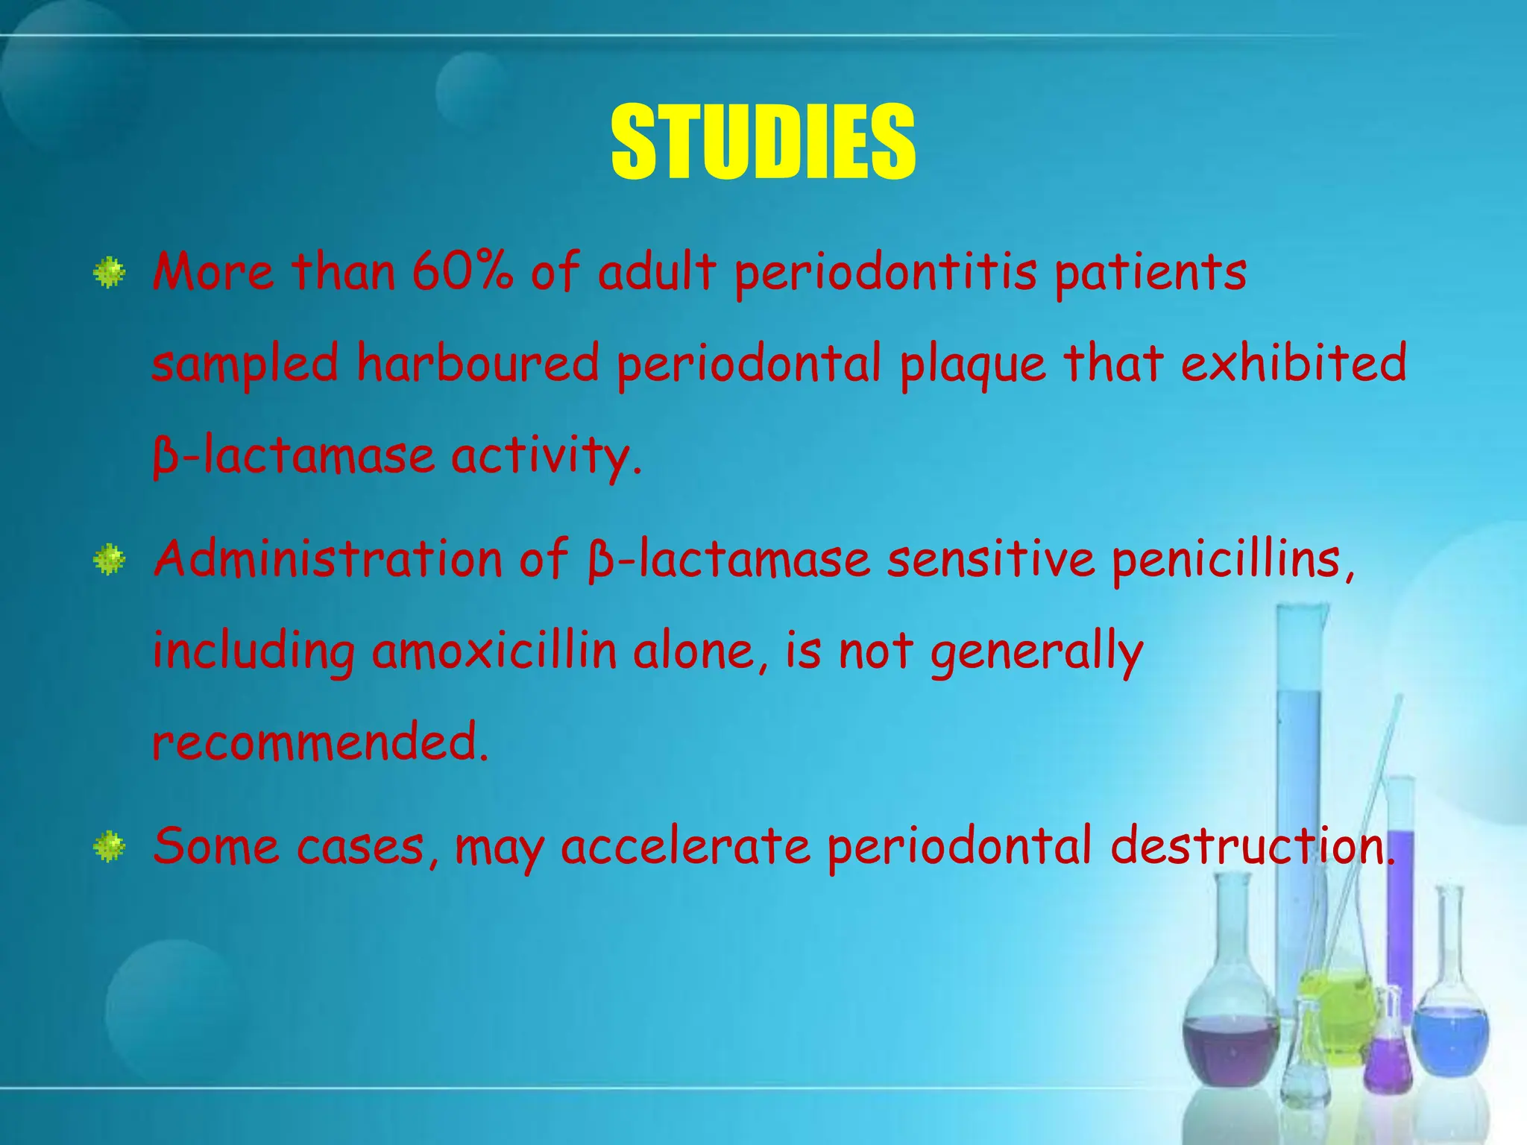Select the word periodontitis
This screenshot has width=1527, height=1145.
[x=886, y=273]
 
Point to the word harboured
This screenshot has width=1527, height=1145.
[x=477, y=364]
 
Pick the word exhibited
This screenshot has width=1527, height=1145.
[x=1294, y=362]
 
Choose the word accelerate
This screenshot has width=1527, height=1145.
[x=686, y=847]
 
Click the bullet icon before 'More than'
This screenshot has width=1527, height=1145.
[x=110, y=273]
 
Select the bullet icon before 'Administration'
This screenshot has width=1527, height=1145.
[x=110, y=559]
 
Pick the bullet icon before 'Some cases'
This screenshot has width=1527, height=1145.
[x=110, y=847]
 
